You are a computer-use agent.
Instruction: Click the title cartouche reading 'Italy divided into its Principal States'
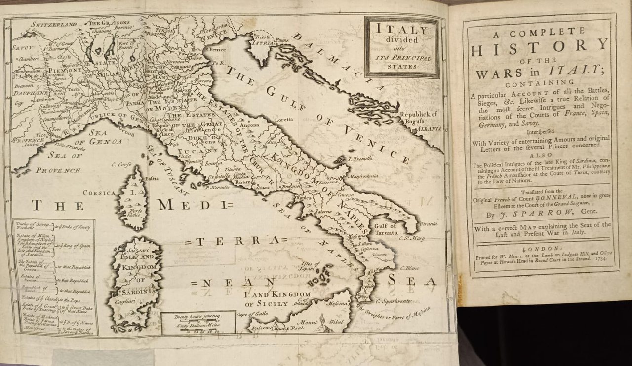(402, 48)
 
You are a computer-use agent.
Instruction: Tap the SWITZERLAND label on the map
(53, 24)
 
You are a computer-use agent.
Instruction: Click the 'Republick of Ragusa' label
(418, 118)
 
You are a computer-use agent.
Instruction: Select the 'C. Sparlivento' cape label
(393, 300)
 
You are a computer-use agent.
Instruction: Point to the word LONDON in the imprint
(541, 249)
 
